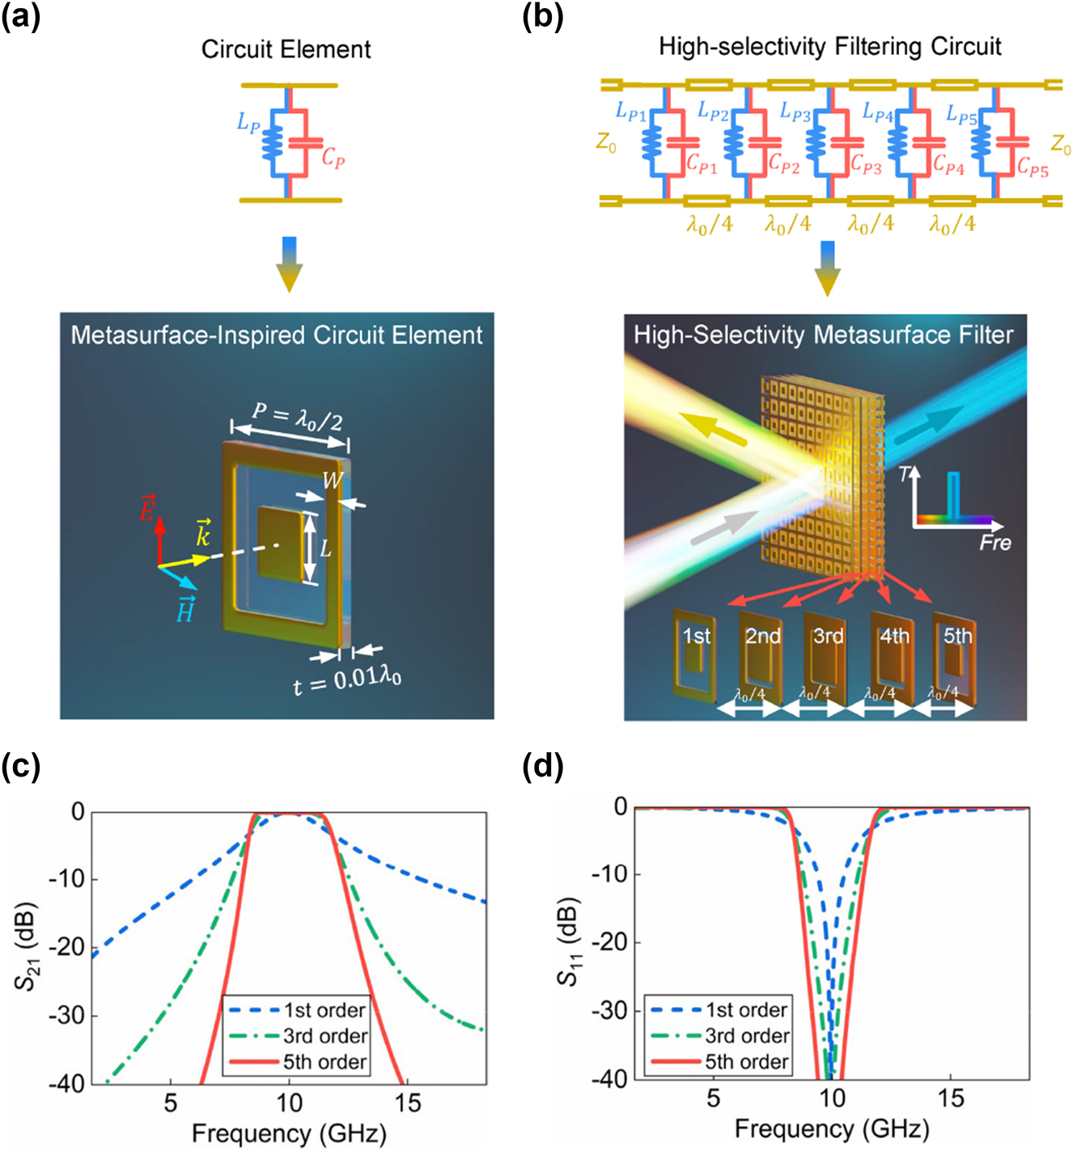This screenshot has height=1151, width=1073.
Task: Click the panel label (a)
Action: [x=20, y=16]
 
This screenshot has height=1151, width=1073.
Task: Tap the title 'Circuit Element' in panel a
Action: [x=286, y=49]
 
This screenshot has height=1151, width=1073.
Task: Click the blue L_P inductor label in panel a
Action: [x=248, y=123]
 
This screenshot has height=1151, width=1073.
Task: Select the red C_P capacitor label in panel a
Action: [x=333, y=157]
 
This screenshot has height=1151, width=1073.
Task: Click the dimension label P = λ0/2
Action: [x=296, y=416]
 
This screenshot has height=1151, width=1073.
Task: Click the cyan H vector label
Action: [x=184, y=611]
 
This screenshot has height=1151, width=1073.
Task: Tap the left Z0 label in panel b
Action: [x=606, y=143]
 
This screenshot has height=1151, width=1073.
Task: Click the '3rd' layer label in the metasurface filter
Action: [x=828, y=637]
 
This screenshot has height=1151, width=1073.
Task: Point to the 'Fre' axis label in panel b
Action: [x=995, y=543]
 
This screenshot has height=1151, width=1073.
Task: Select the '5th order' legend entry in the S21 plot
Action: [x=324, y=1061]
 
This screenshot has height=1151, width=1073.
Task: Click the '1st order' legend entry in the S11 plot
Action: [x=746, y=1010]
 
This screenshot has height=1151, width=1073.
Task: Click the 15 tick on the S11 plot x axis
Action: [x=951, y=1098]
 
